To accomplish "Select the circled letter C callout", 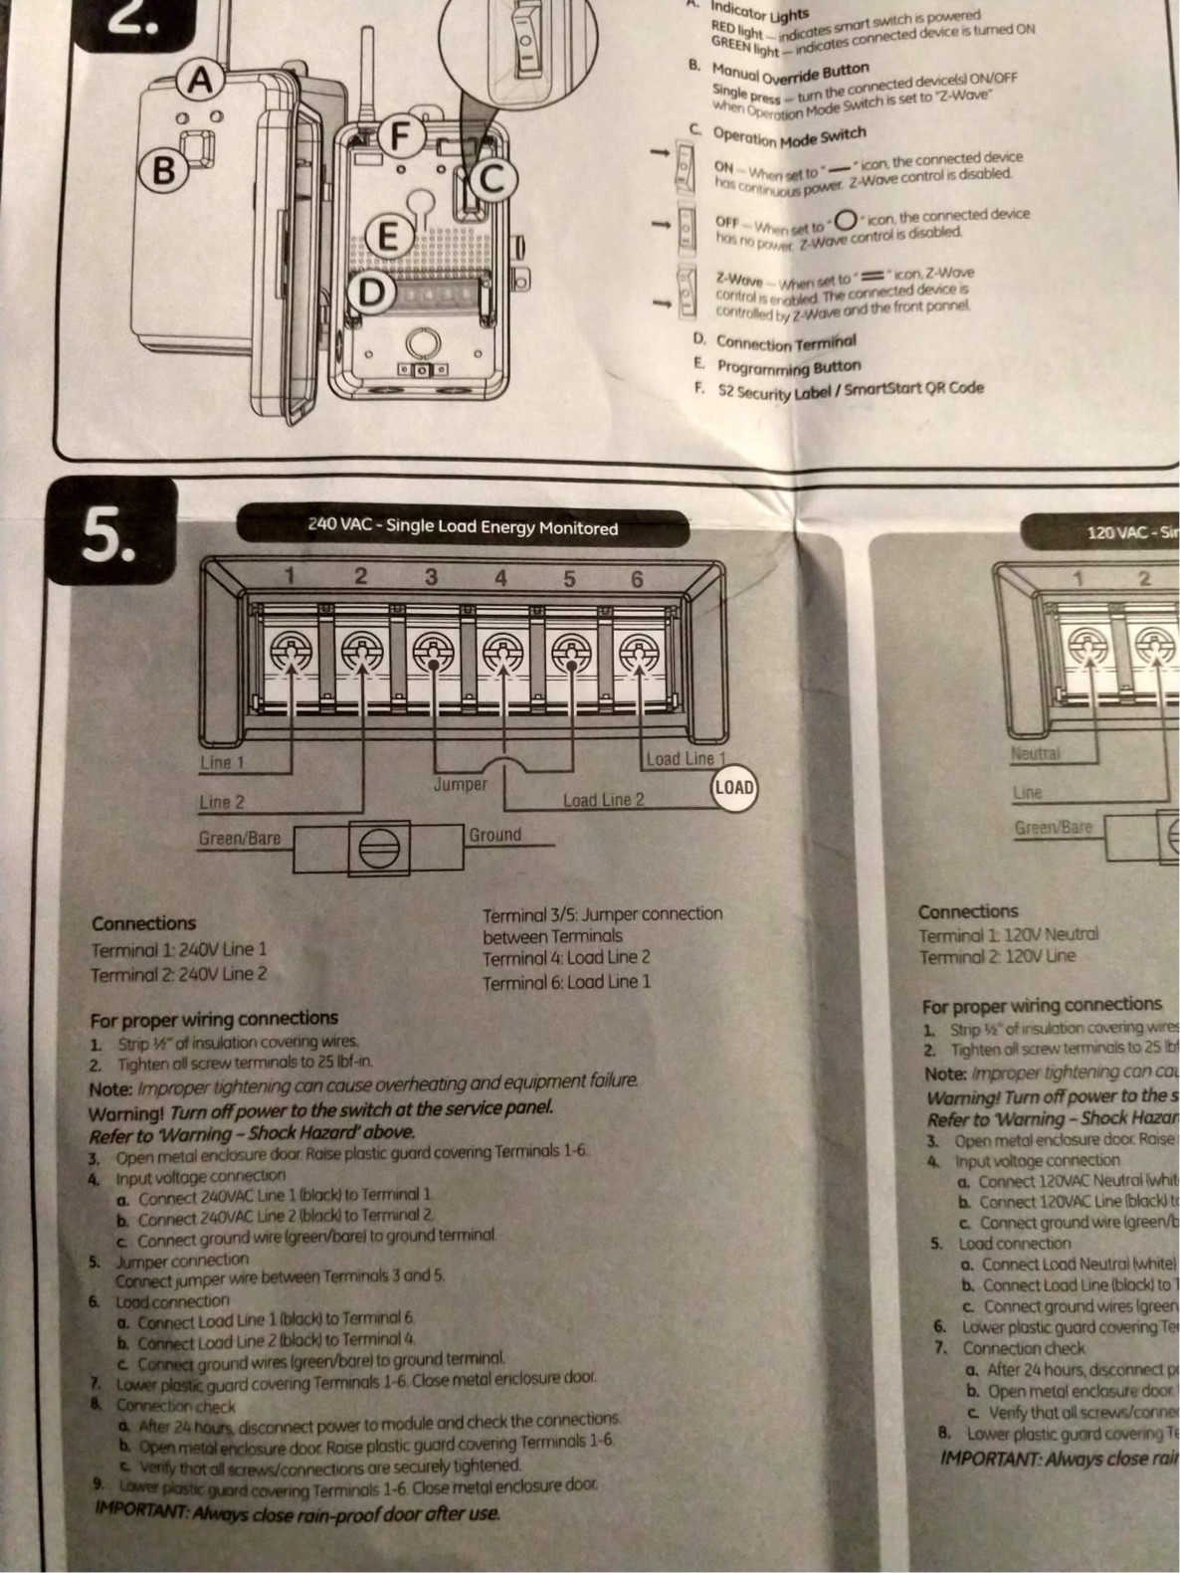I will (494, 180).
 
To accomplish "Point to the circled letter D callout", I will (370, 293).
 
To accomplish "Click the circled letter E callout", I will (389, 237).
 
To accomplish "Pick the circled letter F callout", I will (400, 136).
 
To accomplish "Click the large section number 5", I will (110, 537).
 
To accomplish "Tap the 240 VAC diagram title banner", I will (463, 527).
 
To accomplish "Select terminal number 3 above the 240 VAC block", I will (431, 576).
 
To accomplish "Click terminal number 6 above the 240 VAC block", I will (637, 578).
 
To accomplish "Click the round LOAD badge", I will (734, 788).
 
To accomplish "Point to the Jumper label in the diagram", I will (461, 785).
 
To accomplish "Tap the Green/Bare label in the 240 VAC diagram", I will (240, 839).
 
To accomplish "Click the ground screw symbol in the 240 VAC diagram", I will (379, 849).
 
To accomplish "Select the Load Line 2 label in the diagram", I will (603, 800).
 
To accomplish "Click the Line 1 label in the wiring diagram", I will (222, 763).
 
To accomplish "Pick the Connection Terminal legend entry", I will (785, 342).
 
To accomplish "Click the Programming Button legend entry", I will (786, 367).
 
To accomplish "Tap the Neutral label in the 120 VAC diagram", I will (1036, 754).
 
